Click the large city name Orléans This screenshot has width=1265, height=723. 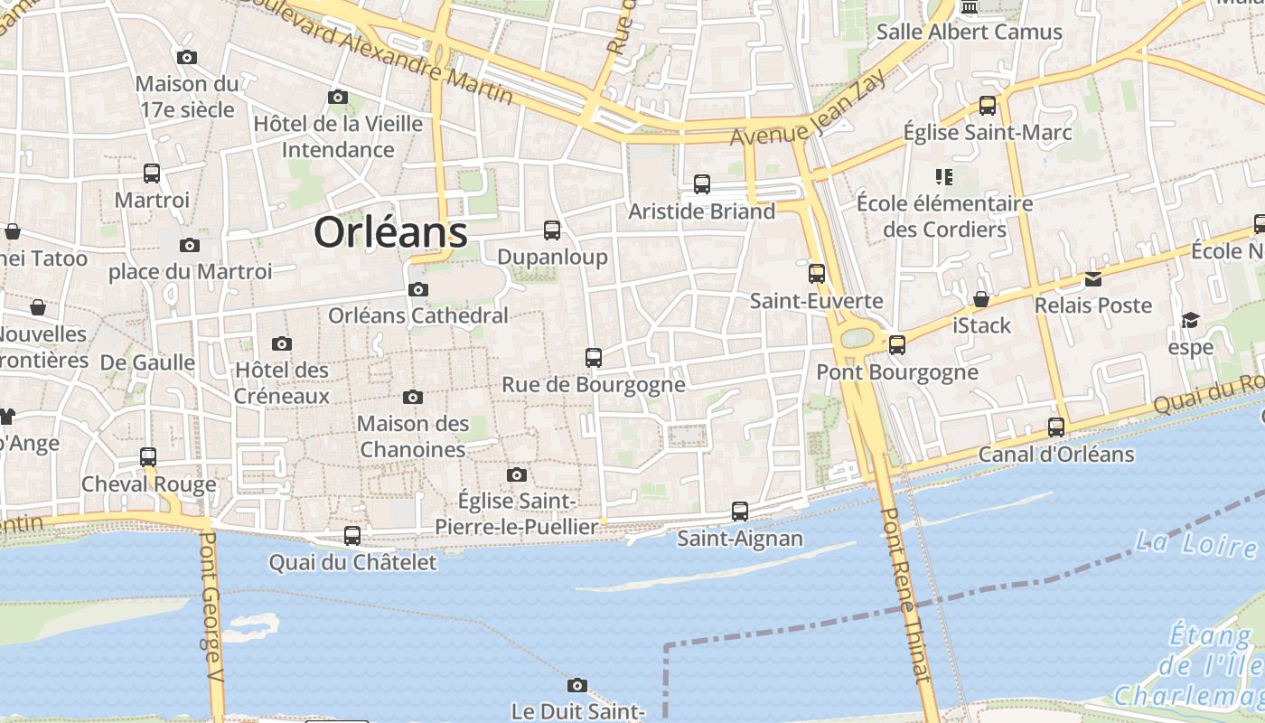[390, 233]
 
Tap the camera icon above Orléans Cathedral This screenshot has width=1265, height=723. [417, 289]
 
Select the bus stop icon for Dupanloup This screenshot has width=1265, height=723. [552, 230]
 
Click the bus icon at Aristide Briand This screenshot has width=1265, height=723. [702, 184]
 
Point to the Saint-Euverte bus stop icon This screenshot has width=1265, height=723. [817, 273]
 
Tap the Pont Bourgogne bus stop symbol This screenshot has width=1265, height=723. [896, 344]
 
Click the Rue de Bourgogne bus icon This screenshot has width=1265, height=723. [593, 357]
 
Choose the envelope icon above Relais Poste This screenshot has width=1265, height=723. [1093, 278]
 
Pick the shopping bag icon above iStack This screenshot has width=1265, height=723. [981, 298]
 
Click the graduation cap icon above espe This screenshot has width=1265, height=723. [1190, 320]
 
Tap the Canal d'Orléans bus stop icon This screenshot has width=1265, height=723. [1056, 427]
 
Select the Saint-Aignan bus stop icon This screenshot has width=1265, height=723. [740, 512]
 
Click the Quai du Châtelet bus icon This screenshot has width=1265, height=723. [352, 535]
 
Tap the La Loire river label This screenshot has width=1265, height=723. [1195, 543]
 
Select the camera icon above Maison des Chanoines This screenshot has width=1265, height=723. [413, 397]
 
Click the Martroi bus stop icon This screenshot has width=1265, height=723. [151, 173]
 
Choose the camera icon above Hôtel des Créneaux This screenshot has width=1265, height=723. [282, 343]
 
